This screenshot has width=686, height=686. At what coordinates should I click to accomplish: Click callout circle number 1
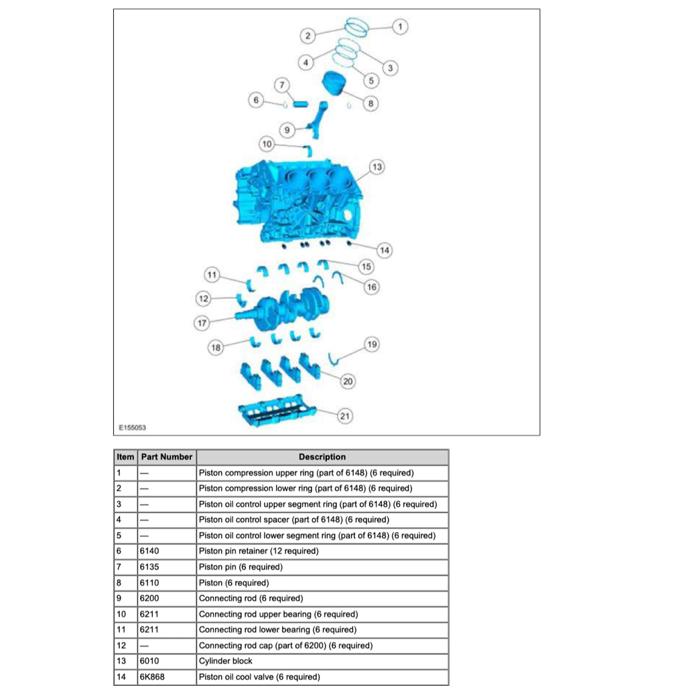400,27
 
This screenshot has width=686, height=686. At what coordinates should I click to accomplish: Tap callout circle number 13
376,167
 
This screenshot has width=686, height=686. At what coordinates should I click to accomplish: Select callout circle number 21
344,416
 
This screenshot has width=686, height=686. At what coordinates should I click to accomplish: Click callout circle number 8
370,104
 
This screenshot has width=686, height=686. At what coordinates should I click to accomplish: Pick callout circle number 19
372,344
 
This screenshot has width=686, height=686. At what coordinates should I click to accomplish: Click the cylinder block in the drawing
301,201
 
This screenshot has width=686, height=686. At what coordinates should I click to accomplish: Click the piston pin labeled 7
299,104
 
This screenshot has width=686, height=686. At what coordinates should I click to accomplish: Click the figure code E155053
133,427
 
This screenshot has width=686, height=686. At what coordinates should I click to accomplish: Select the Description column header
322,457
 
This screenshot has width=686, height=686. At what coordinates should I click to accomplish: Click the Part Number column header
167,457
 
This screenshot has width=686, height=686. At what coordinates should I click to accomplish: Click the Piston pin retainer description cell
322,551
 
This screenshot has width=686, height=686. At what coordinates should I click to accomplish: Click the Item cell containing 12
125,646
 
